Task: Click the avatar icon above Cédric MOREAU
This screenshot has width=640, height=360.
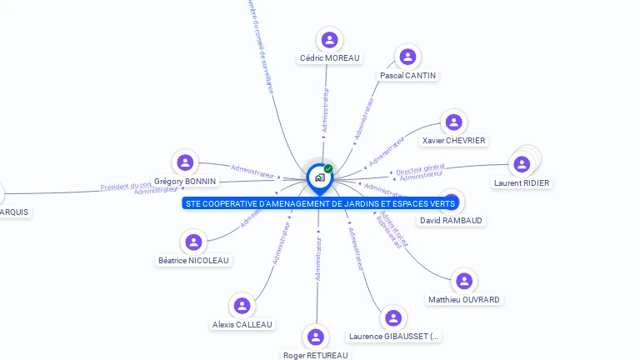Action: point(330,39)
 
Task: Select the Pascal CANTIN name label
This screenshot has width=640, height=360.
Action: point(407,75)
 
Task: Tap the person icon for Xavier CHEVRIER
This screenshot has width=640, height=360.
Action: point(453,122)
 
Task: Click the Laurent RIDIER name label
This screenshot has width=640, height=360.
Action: point(522,182)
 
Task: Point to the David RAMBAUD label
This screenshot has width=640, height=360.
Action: point(451,220)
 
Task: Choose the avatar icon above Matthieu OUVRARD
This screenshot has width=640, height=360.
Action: point(464,282)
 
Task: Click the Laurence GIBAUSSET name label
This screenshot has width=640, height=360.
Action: point(393,336)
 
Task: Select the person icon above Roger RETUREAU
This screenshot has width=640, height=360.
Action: point(315,337)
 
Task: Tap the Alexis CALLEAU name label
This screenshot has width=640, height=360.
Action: point(242,324)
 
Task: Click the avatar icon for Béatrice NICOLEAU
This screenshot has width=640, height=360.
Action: point(193,242)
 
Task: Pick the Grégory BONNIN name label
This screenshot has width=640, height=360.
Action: point(185,181)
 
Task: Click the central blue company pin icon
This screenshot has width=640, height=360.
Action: point(318,177)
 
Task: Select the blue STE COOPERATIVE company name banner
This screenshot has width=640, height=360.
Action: point(320,203)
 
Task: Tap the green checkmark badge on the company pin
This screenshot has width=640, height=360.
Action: point(328,168)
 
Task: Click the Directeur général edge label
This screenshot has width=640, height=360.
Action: point(420,169)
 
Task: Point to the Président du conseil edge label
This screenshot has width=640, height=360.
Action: point(126,186)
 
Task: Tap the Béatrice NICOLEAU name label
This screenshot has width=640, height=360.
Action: point(193,260)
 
